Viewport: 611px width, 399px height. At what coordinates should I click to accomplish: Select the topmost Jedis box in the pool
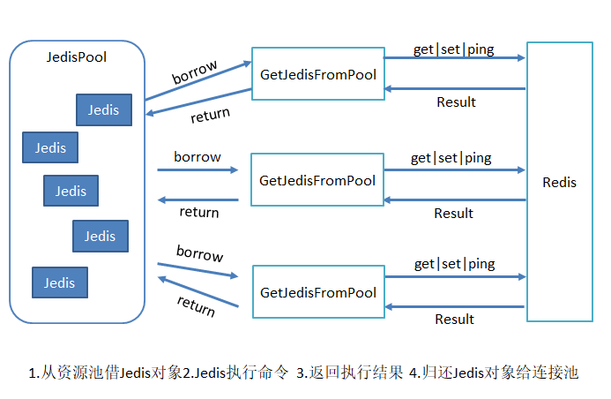[104, 109]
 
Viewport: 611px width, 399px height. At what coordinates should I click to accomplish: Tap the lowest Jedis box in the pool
[60, 282]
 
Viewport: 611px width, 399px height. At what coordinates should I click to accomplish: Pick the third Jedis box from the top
[71, 191]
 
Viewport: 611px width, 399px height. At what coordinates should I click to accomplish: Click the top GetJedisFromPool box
[317, 75]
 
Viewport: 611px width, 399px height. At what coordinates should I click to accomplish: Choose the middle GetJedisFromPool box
[317, 181]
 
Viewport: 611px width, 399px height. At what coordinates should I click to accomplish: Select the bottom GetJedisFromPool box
[317, 292]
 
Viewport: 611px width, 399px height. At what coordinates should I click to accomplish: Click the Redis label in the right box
[559, 183]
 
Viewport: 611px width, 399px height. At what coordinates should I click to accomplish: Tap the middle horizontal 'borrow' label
[197, 157]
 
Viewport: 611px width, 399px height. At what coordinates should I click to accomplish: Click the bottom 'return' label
[196, 305]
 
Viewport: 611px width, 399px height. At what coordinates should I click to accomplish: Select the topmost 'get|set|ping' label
[454, 49]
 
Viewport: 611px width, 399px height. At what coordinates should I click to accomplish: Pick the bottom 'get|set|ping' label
[454, 264]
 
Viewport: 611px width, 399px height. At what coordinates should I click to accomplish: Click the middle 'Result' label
[454, 213]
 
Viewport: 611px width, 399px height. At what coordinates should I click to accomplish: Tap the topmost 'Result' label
[456, 102]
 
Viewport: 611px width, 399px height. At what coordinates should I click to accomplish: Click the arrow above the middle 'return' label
[197, 199]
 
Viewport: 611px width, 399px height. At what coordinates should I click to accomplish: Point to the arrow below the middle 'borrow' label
[197, 169]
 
